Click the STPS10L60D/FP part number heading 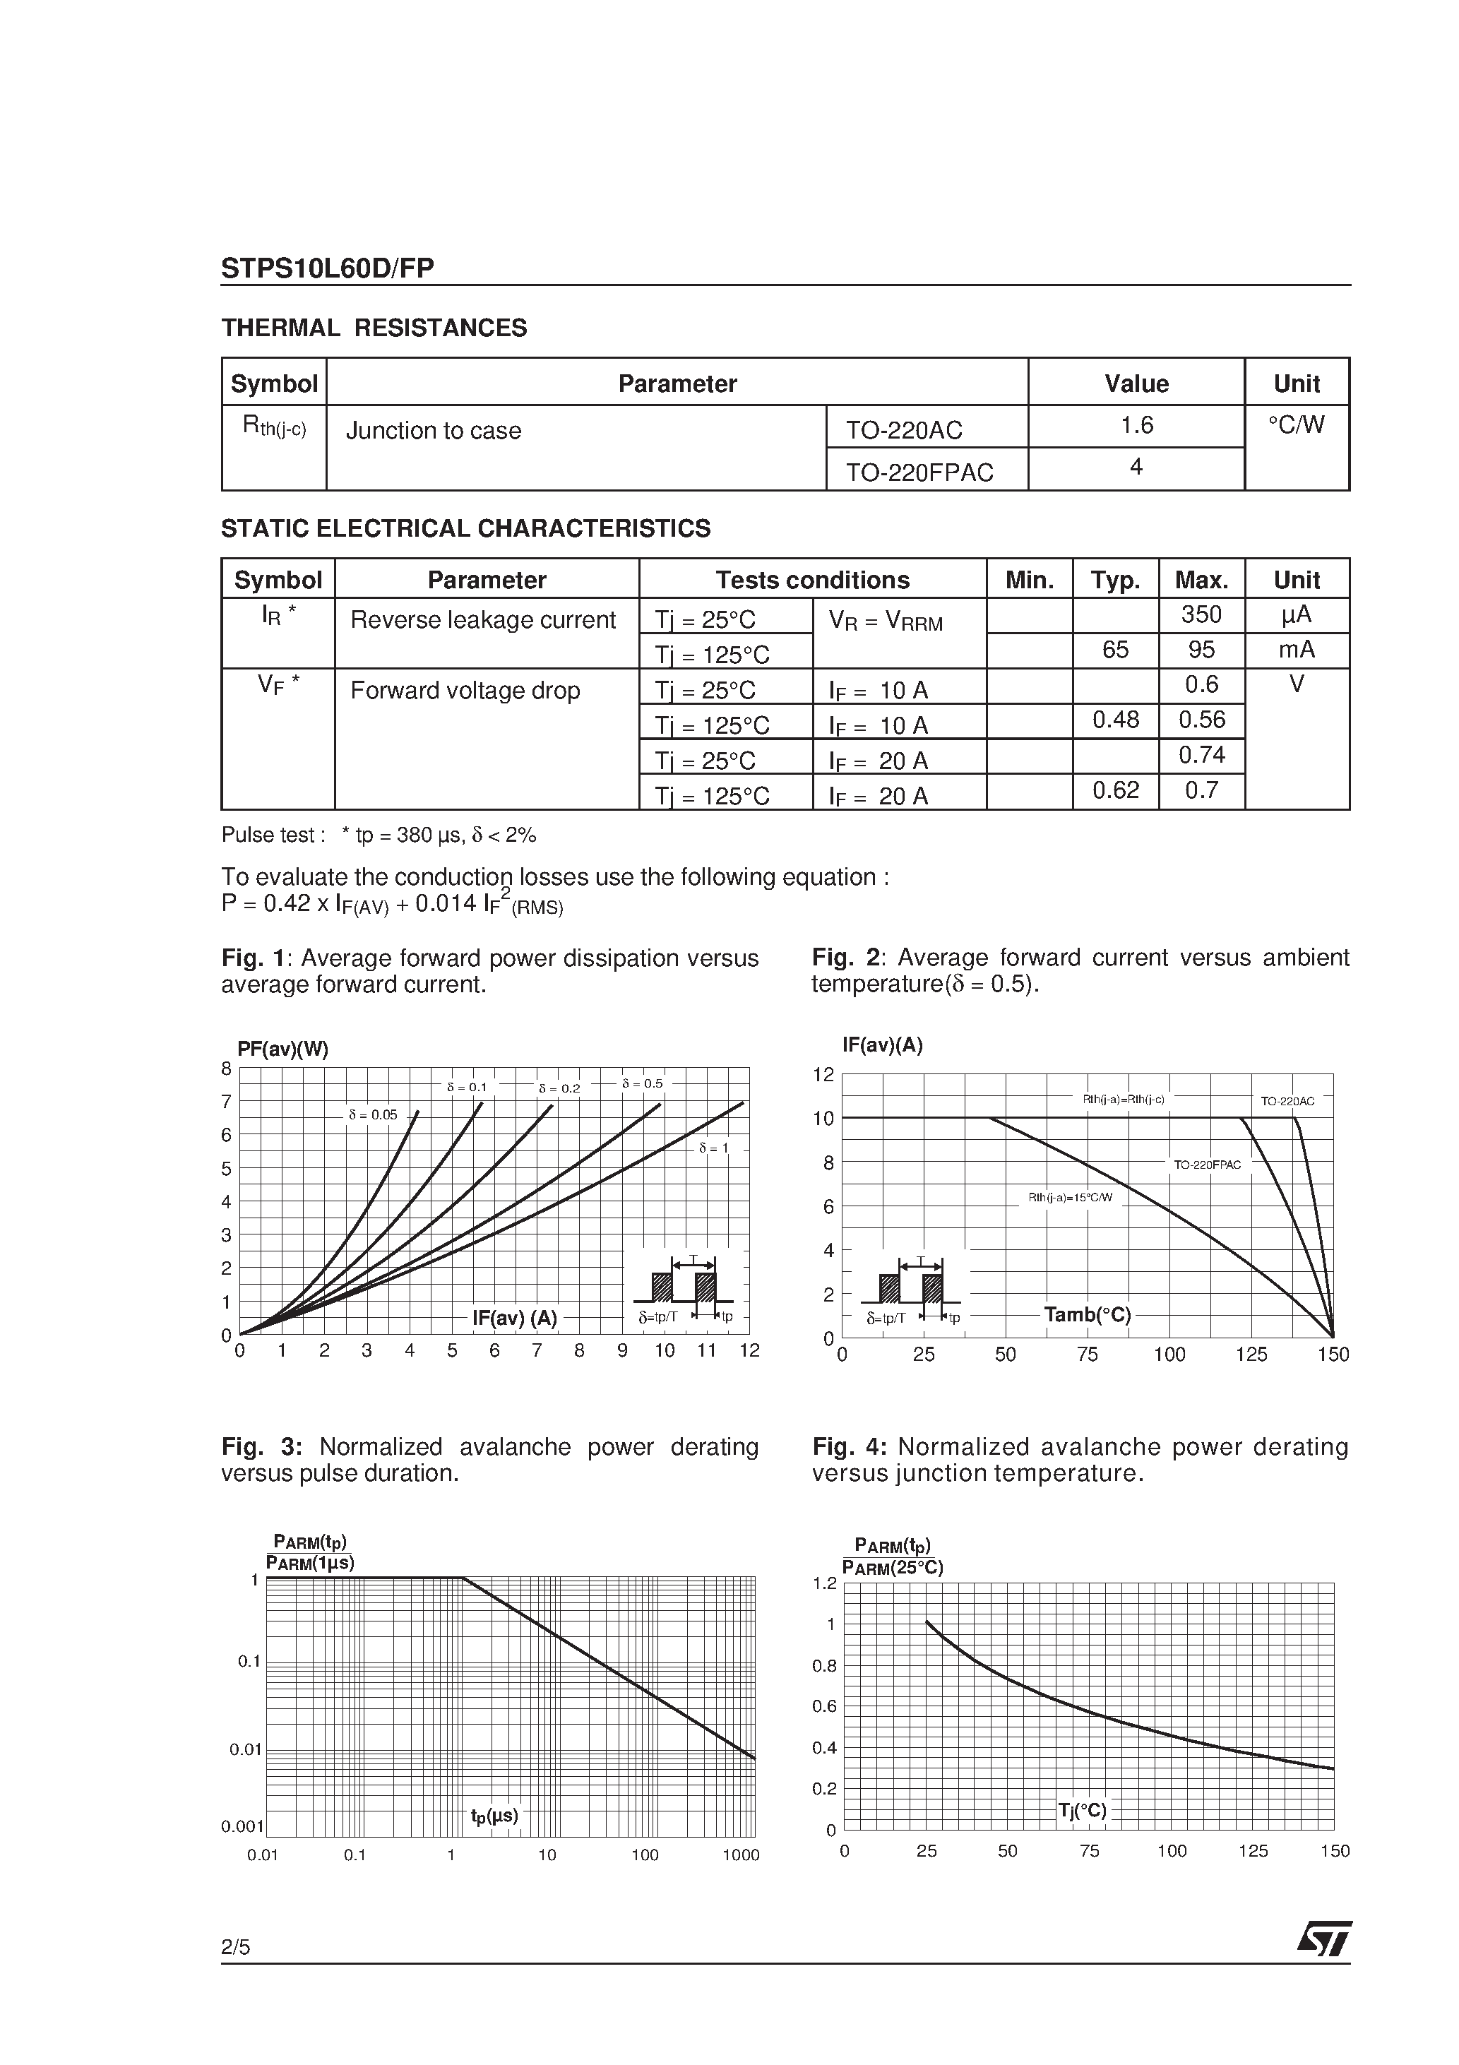pos(328,268)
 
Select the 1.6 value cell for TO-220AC pos(1136,425)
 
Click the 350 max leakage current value pos(1201,615)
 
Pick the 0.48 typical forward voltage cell pos(1114,720)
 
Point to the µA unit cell pos(1296,615)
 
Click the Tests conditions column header pos(812,580)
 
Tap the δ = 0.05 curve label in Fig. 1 pos(372,1115)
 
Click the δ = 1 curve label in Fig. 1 pos(713,1148)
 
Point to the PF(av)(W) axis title pos(282,1049)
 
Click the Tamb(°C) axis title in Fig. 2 pos(1087,1315)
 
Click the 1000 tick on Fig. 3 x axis pos(742,1855)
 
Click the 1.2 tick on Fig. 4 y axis pos(824,1583)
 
